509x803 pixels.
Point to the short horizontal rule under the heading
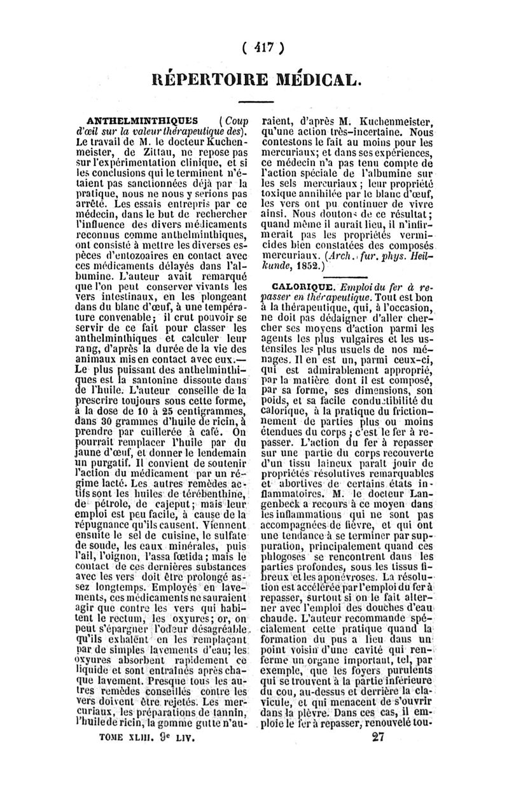(255, 102)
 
